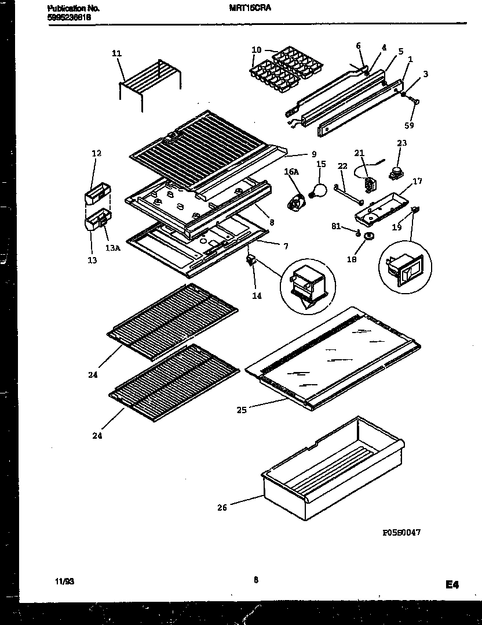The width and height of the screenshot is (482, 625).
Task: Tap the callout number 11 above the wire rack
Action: click(x=116, y=53)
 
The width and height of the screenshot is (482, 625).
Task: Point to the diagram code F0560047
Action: click(x=401, y=532)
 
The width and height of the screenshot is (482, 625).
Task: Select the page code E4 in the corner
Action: click(x=452, y=585)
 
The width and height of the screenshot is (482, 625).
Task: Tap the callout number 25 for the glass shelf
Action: click(x=242, y=410)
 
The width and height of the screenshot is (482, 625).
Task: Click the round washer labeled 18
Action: click(x=368, y=236)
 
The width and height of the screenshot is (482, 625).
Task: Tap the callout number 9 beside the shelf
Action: click(x=313, y=154)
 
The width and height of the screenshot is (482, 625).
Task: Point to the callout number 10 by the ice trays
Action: click(x=257, y=50)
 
